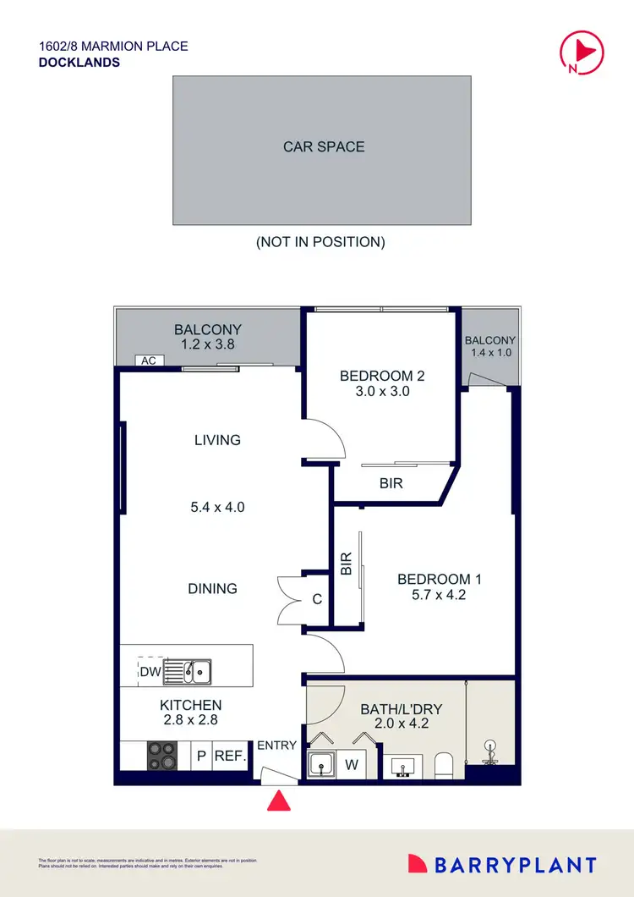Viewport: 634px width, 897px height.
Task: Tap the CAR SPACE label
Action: click(x=324, y=147)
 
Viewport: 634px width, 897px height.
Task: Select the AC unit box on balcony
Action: click(x=149, y=360)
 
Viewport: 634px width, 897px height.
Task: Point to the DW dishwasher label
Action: click(x=149, y=672)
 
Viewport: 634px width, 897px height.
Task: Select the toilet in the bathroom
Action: click(x=445, y=765)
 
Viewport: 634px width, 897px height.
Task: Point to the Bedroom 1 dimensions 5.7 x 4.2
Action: click(x=439, y=595)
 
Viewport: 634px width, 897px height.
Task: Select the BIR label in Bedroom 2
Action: click(x=391, y=484)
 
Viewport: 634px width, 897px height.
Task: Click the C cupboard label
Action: click(x=317, y=599)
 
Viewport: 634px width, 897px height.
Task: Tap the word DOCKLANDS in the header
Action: click(x=79, y=63)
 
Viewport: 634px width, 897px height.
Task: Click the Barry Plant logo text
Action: click(x=515, y=865)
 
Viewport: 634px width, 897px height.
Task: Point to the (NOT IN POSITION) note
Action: click(x=320, y=242)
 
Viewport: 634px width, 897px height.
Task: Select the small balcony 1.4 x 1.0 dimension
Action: click(x=489, y=353)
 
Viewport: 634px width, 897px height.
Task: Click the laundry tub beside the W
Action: click(x=322, y=764)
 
